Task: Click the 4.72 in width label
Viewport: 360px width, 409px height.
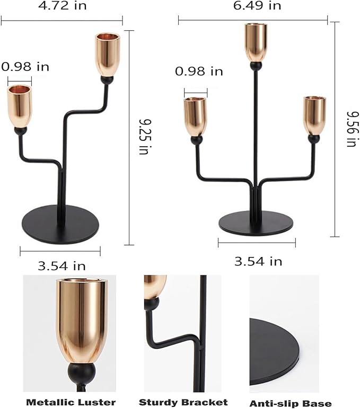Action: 62,6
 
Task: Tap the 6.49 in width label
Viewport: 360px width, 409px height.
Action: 257,6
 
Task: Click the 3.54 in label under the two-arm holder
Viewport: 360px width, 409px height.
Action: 62,266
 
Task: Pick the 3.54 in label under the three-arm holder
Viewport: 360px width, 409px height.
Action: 258,261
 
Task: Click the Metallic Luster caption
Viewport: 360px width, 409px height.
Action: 71,402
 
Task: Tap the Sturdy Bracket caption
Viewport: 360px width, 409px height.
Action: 183,402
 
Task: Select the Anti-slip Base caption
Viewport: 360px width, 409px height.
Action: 291,404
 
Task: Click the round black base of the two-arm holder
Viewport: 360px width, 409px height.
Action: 60,224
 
